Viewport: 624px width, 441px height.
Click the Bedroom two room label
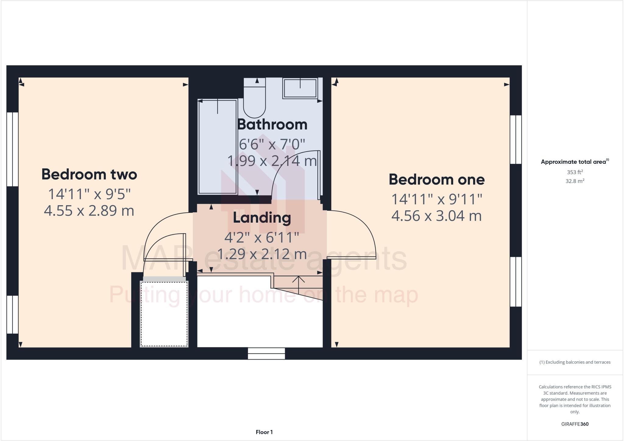tap(89, 174)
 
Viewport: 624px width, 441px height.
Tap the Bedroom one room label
tap(436, 179)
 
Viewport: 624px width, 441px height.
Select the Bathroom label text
tap(272, 124)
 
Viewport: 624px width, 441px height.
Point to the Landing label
tap(262, 218)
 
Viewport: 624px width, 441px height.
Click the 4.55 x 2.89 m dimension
tap(89, 211)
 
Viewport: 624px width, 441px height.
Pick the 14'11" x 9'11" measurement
tap(436, 199)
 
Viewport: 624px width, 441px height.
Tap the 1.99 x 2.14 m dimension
tap(272, 161)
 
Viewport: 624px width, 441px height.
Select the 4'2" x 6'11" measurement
tap(262, 237)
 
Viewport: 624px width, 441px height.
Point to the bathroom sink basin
tap(300, 88)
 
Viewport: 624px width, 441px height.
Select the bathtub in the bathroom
tap(218, 147)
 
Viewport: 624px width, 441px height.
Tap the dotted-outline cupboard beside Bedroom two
tap(164, 314)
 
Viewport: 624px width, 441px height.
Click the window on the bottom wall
tap(266, 353)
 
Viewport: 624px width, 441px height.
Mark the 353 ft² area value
tap(575, 172)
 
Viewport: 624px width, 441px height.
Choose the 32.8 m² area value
tap(575, 181)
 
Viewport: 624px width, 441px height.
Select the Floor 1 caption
tap(264, 432)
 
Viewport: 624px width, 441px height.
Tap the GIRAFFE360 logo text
tap(575, 424)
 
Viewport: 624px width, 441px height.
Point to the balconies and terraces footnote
tap(575, 362)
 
